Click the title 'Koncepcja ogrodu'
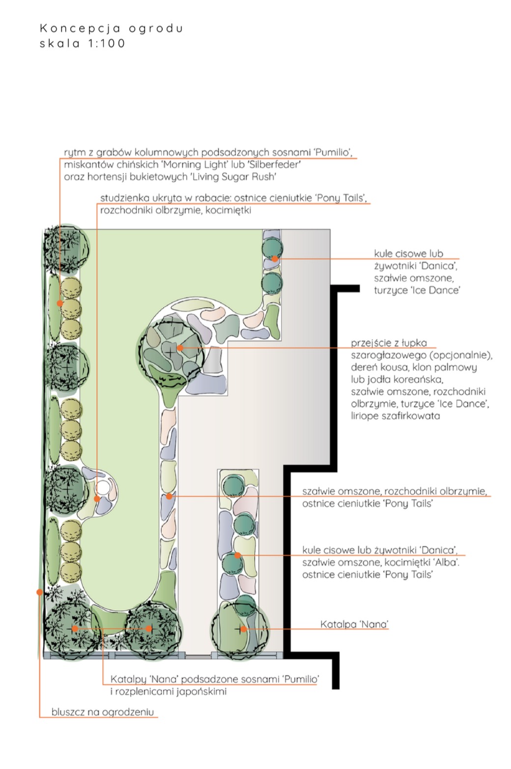point(112,29)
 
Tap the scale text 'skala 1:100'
point(83,44)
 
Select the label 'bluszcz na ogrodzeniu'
point(103,711)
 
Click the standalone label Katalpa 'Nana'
point(354,624)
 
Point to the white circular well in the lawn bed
point(103,487)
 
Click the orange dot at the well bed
point(97,499)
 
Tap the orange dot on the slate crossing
point(180,348)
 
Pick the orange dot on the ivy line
point(39,592)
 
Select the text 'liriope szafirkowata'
point(395,416)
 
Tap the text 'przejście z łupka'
point(389,343)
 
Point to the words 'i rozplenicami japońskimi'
point(169,691)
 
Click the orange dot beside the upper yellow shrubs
point(59,303)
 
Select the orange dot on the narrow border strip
point(169,497)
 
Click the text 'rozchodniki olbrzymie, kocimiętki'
point(175,210)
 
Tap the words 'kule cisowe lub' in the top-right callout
point(408,254)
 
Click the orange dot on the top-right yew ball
point(275,259)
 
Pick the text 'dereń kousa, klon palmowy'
point(414,367)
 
